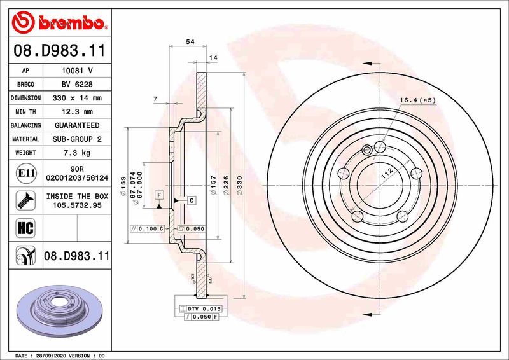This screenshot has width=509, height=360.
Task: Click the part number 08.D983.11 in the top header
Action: click(59, 50)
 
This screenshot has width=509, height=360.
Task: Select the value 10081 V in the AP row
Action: click(77, 71)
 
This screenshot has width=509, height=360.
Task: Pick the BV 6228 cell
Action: click(77, 85)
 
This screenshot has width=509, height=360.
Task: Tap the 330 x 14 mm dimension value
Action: click(77, 99)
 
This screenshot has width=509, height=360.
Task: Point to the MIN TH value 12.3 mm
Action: click(77, 112)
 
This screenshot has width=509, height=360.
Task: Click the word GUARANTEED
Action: click(77, 125)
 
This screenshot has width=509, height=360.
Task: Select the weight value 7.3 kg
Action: click(77, 153)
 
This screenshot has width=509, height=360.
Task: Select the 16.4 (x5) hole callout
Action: click(417, 100)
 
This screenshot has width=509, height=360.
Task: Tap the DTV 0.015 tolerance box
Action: click(202, 308)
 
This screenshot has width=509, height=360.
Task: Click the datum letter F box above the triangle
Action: click(158, 193)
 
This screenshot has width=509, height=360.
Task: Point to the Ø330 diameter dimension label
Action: click(240, 185)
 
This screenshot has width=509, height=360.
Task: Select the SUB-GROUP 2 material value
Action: click(77, 139)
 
